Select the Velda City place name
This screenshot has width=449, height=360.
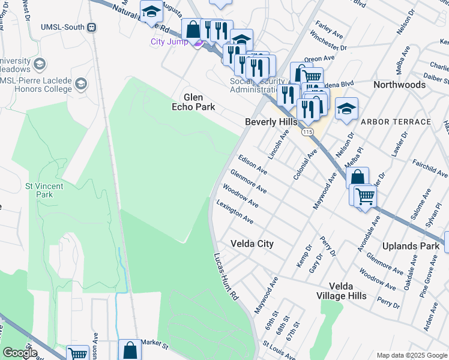coord(252,244)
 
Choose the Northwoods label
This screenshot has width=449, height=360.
coord(399,85)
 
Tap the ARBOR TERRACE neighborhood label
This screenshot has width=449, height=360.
coord(396,122)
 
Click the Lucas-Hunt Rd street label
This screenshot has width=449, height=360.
coord(226,277)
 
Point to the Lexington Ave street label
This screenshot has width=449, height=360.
coord(235,213)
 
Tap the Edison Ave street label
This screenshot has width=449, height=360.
coord(252,164)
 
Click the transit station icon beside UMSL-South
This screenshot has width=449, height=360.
coord(92,27)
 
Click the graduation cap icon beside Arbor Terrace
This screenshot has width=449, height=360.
coord(346,109)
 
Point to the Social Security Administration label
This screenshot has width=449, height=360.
coord(258,85)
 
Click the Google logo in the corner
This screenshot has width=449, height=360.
coord(20,353)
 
